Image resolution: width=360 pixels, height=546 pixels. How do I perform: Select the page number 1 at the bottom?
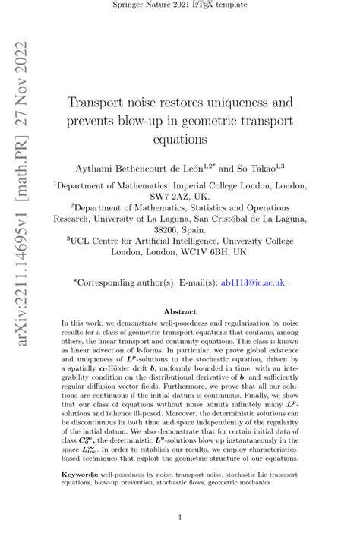point(180,518)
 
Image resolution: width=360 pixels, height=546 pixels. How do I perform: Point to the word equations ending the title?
point(179,139)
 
